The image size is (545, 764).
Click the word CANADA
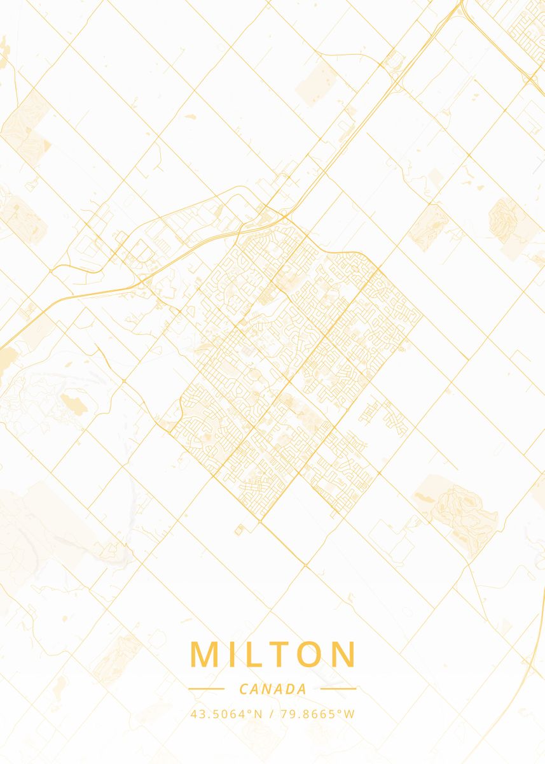(273, 689)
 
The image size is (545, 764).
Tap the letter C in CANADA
(244, 689)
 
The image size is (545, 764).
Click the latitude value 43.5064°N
(226, 714)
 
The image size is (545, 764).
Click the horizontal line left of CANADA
(206, 688)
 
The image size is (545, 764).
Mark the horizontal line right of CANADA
(338, 688)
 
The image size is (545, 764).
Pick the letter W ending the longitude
(350, 714)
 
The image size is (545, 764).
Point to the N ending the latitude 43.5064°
(258, 714)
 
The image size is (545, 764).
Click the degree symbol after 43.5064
(251, 711)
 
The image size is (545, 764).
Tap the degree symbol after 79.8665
(341, 711)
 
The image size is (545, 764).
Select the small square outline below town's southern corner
(240, 527)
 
